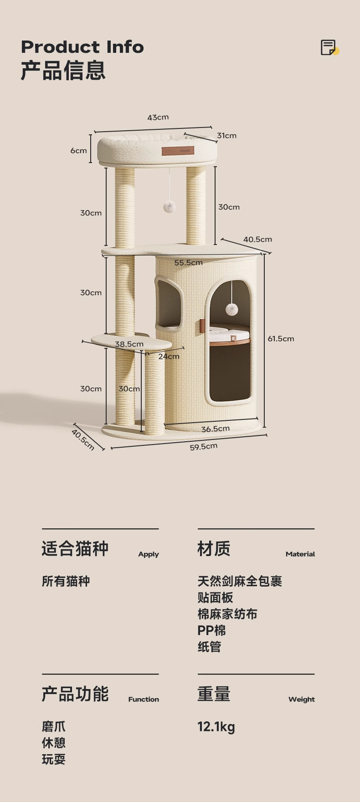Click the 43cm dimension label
click(158, 117)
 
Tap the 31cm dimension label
click(226, 136)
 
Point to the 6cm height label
click(78, 151)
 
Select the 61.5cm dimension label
click(281, 339)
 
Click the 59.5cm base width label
click(204, 447)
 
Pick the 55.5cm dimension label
click(188, 263)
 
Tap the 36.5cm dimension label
click(216, 429)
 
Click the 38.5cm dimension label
click(129, 344)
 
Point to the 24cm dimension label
click(169, 357)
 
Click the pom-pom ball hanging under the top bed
click(170, 207)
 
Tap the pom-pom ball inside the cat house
click(231, 310)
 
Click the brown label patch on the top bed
click(178, 151)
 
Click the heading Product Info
click(82, 47)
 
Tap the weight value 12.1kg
click(216, 727)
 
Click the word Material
click(300, 554)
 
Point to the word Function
click(144, 700)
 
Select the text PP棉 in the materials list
click(211, 631)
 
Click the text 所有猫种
click(66, 582)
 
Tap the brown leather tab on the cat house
click(202, 326)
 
